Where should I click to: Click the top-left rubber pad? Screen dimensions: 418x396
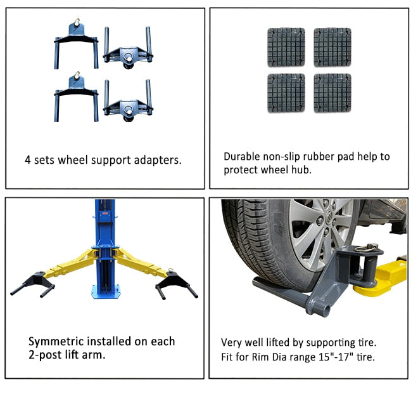[286, 48]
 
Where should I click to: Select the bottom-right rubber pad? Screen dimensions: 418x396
[332, 93]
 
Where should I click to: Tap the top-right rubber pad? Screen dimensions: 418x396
[332, 48]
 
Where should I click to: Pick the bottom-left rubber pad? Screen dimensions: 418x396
[286, 93]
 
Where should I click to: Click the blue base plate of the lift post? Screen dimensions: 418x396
[106, 291]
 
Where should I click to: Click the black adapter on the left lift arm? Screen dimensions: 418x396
[34, 284]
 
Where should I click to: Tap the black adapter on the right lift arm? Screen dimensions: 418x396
[177, 284]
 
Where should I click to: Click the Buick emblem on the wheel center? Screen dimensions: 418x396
[329, 215]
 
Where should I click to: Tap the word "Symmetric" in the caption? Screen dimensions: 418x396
[56, 342]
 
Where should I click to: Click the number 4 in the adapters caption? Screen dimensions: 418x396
[27, 160]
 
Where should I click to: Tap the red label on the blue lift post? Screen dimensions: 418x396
[104, 213]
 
